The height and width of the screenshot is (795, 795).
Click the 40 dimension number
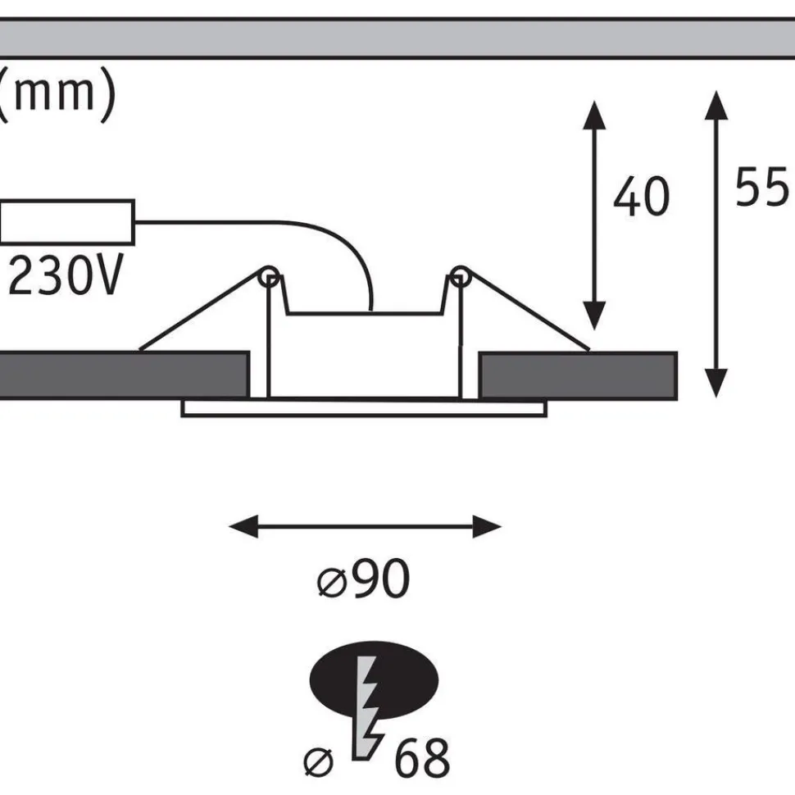tap(642, 197)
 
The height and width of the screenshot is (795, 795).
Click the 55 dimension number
tap(762, 186)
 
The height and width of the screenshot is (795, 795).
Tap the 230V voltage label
tap(66, 275)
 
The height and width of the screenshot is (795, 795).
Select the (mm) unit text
tap(57, 94)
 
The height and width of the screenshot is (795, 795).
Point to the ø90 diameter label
tap(363, 579)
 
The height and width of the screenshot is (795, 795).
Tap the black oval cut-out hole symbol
tap(374, 680)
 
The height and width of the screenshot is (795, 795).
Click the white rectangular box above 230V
tap(67, 222)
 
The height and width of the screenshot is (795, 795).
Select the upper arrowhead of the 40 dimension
tap(594, 115)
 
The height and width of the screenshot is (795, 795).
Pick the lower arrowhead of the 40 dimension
tap(594, 316)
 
